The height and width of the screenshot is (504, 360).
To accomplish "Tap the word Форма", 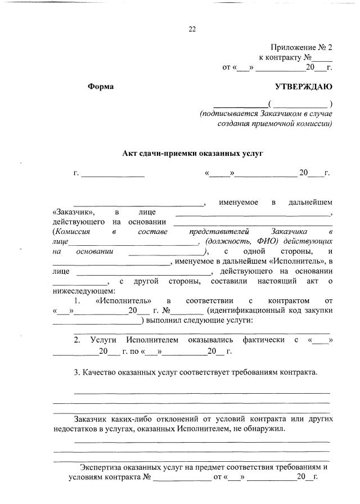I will [101, 87].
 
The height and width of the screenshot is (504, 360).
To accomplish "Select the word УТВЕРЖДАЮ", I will [304, 87].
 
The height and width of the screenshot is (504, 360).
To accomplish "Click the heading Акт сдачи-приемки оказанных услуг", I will [193, 153].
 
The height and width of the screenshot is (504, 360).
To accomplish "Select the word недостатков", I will [76, 429].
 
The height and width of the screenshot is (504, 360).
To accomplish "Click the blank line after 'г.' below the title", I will [112, 174].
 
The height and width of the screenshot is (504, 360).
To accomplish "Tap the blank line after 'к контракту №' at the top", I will [322, 58].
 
